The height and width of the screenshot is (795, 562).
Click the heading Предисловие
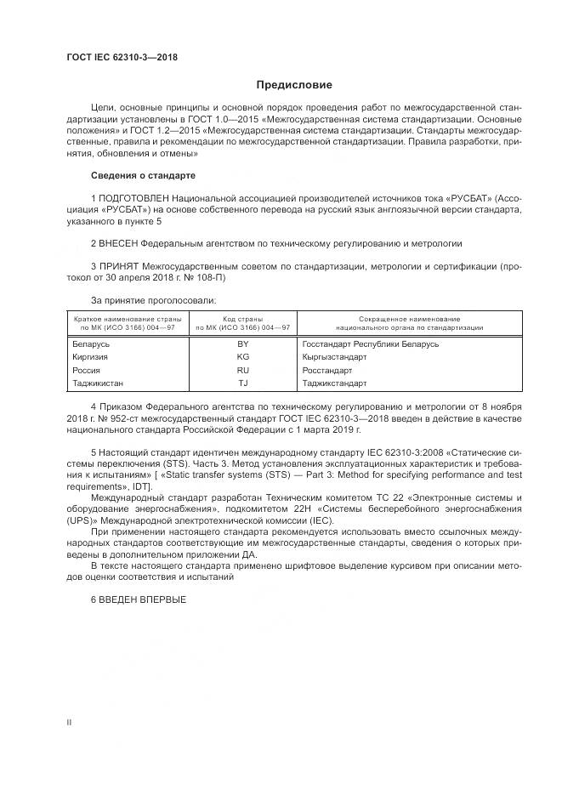tap(295, 85)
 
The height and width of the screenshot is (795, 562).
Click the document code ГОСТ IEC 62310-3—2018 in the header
tap(122, 57)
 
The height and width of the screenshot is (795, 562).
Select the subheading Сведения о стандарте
tap(143, 175)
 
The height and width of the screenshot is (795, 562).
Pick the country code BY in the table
tap(243, 344)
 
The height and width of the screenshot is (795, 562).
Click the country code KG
tap(243, 357)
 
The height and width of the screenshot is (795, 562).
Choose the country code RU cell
tap(243, 371)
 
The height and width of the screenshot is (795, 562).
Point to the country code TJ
tap(243, 383)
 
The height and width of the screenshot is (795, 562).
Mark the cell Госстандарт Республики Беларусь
tap(370, 344)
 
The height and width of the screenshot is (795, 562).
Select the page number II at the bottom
tap(70, 721)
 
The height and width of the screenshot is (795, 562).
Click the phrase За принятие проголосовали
tap(153, 300)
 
